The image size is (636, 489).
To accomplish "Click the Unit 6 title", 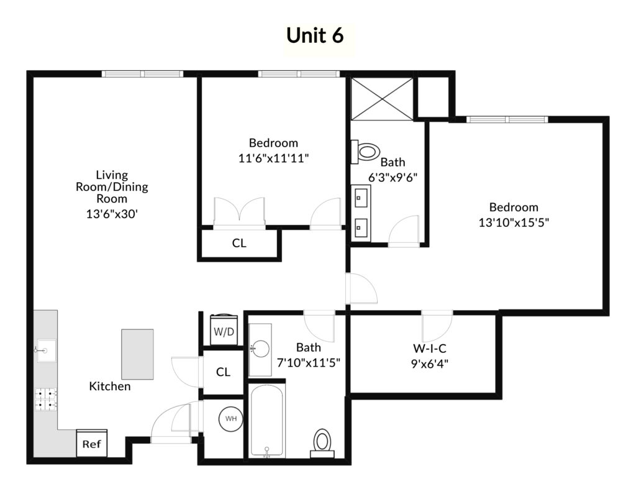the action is pyautogui.click(x=315, y=35).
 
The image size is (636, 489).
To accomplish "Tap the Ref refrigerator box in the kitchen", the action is pyautogui.click(x=92, y=443).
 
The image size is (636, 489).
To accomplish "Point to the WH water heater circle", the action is pyautogui.click(x=231, y=418).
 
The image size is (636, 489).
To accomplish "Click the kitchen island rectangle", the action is pyautogui.click(x=137, y=354).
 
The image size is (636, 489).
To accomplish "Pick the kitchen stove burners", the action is pyautogui.click(x=45, y=400).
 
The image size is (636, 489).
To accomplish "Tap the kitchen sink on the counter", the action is pyautogui.click(x=46, y=350).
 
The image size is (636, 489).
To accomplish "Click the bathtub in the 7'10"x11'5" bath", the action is pyautogui.click(x=266, y=421).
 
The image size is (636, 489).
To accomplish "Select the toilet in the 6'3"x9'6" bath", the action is pyautogui.click(x=365, y=152).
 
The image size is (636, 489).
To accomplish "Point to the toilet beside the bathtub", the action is pyautogui.click(x=322, y=443).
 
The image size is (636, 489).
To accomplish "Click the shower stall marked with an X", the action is pyautogui.click(x=382, y=99).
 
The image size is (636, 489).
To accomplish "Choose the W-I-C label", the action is pyautogui.click(x=430, y=348).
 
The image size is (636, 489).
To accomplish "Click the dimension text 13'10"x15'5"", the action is pyautogui.click(x=514, y=222).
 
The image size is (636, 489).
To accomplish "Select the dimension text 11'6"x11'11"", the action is pyautogui.click(x=274, y=158).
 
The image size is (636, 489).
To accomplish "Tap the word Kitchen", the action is pyautogui.click(x=110, y=386).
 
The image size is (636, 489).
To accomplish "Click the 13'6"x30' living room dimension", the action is pyautogui.click(x=112, y=214).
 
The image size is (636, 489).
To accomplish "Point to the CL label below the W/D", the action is pyautogui.click(x=223, y=372).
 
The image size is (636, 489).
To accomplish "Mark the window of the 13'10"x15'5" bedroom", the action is pyautogui.click(x=507, y=119).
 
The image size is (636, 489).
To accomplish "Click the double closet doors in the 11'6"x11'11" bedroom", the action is pyautogui.click(x=239, y=213).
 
